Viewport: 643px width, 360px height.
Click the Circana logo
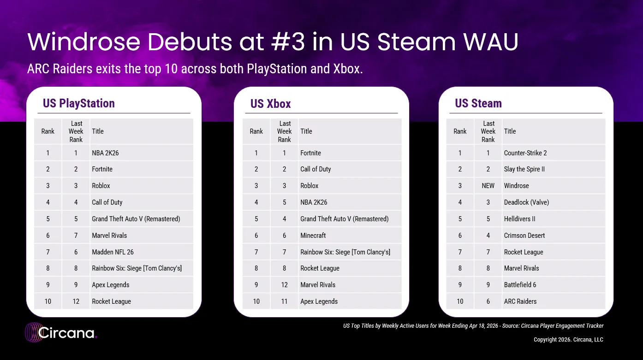coord(61,333)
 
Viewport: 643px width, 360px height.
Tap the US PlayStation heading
coord(79,103)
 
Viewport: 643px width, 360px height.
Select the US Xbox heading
coord(271,103)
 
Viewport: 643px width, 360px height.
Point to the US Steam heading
coord(478,103)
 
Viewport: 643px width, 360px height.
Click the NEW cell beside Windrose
coord(488,186)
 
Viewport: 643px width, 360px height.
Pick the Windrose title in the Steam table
coord(517,186)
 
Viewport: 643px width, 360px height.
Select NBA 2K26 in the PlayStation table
coord(106,153)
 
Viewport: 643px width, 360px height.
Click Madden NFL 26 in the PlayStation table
coord(113,252)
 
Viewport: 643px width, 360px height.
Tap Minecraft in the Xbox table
coord(313,236)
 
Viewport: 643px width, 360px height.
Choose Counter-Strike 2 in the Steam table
coord(525,153)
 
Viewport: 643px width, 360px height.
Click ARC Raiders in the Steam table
coord(520,301)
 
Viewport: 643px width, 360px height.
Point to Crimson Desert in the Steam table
coord(524,236)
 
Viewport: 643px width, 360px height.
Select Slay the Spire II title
coord(524,169)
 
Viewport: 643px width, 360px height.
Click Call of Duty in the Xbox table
coord(316,169)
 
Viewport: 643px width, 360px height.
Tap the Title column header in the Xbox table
coord(306,131)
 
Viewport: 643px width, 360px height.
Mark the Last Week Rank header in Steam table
coord(488,131)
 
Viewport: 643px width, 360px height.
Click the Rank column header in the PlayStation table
coord(48,131)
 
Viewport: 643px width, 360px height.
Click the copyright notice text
coord(568,340)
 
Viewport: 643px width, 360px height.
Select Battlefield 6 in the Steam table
coord(520,285)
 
